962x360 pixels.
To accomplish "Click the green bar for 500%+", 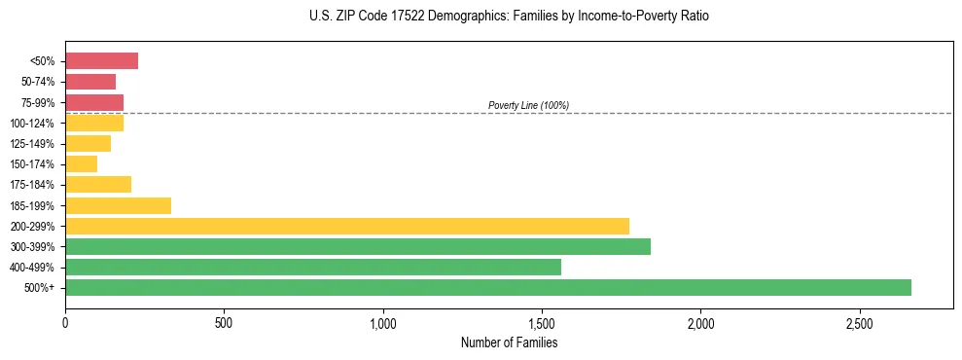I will [x=488, y=287].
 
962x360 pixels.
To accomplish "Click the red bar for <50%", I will [x=101, y=61].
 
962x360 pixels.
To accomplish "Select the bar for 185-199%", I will [x=118, y=205].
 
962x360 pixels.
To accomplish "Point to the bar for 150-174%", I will [x=82, y=164].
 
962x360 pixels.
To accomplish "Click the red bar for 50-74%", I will [x=90, y=82].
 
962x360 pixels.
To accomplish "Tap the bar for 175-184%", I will [x=98, y=185].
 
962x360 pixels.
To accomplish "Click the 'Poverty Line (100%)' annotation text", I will [x=528, y=105].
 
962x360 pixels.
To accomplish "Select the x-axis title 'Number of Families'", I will [x=509, y=342].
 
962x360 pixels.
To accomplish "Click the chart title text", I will [x=509, y=17].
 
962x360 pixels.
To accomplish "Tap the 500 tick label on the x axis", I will [x=224, y=322].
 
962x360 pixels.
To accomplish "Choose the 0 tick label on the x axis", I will [x=65, y=322].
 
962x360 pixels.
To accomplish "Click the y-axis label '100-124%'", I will [x=32, y=124].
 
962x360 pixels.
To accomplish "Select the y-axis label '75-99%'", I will [x=37, y=103].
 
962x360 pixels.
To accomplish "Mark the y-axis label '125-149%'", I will [x=32, y=144].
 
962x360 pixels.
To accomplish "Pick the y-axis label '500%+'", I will [x=40, y=288].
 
